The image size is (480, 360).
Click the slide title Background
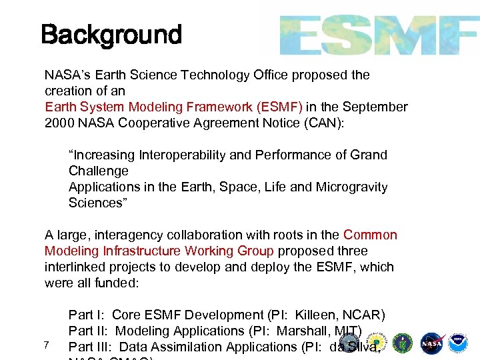111,34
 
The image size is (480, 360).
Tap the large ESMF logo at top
379,35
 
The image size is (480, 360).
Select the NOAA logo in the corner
458,343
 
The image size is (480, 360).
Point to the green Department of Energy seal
403,343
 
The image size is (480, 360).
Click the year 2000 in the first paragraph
59,123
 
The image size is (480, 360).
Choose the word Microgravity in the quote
351,187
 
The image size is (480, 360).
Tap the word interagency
124,235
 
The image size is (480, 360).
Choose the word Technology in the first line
213,75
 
